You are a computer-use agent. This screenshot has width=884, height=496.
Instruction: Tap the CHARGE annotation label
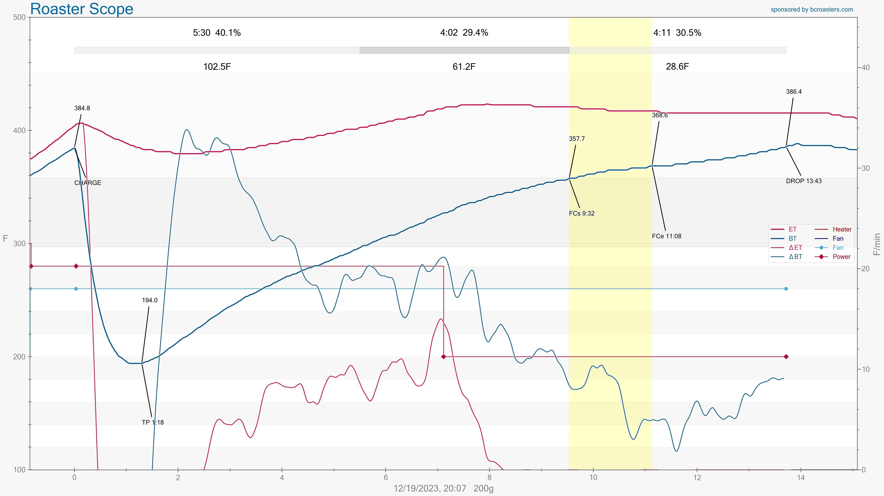coord(87,183)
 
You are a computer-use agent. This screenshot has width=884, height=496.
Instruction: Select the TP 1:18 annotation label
coord(153,422)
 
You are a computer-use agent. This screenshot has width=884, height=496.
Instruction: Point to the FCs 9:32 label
coord(581,213)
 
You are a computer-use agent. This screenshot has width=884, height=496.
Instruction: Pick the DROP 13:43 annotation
coord(804,181)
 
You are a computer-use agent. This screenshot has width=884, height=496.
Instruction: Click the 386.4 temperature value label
coord(794,92)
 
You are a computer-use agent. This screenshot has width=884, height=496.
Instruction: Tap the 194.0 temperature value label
coord(150,300)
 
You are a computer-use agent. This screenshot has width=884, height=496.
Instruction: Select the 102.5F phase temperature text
coord(217,66)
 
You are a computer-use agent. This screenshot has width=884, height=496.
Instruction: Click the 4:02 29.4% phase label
coord(464,33)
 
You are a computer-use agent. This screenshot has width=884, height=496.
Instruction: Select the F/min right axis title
coord(877,244)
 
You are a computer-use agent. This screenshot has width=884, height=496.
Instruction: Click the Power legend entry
coord(841,257)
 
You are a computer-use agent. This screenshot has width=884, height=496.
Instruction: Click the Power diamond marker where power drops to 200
coord(443,356)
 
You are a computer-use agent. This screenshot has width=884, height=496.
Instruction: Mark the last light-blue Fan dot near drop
coord(786,289)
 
